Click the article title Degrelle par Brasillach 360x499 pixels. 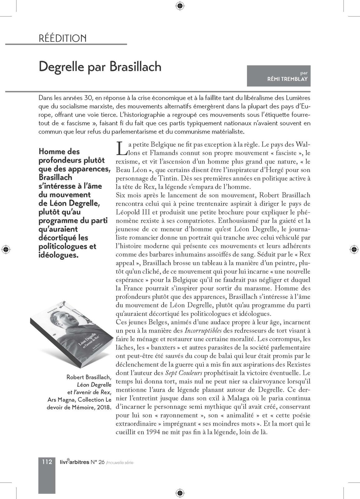[x=100, y=67]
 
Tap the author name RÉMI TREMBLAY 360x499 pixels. [x=287, y=79]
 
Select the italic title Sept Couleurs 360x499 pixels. [x=184, y=373]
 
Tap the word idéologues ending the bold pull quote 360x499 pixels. [x=58, y=255]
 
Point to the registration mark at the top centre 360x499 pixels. [x=180, y=5]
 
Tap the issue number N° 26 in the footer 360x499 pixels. [x=98, y=462]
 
